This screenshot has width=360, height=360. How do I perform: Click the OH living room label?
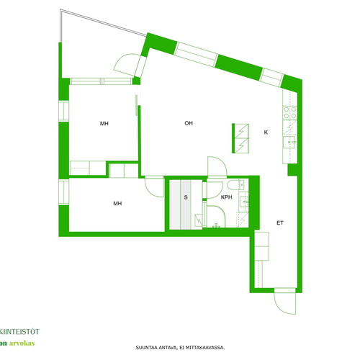pyautogui.click(x=189, y=123)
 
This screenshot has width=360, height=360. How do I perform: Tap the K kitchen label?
pyautogui.click(x=266, y=132)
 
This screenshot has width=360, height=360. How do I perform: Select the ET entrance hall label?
pyautogui.click(x=280, y=223)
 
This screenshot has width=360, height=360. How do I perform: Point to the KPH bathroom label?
pyautogui.click(x=226, y=197)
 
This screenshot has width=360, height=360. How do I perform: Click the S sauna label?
pyautogui.click(x=186, y=197)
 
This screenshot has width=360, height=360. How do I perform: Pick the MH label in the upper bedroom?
pyautogui.click(x=104, y=124)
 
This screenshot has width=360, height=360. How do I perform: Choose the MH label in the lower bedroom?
pyautogui.click(x=117, y=204)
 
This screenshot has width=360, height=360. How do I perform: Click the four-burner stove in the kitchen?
pyautogui.click(x=290, y=113)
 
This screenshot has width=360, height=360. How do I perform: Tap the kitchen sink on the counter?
pyautogui.click(x=289, y=143)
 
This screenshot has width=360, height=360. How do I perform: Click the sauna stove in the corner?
pyautogui.click(x=198, y=220)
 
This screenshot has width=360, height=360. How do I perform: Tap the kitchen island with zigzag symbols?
pyautogui.click(x=240, y=138)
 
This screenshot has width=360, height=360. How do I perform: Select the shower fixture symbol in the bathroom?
pyautogui.click(x=216, y=225)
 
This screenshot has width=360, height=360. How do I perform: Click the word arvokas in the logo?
pyautogui.click(x=22, y=343)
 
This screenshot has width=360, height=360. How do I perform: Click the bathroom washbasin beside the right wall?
pyautogui.click(x=244, y=202)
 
